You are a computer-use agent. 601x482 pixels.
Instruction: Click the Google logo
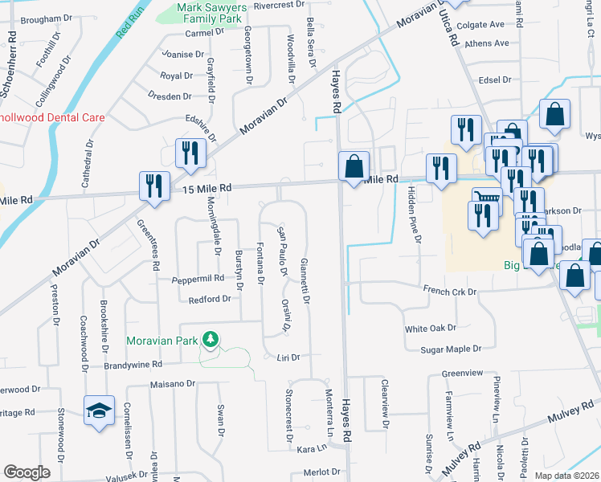[x=27, y=472]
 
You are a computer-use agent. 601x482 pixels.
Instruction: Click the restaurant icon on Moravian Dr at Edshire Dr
[x=190, y=153]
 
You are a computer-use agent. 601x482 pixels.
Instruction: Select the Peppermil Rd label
[x=198, y=279]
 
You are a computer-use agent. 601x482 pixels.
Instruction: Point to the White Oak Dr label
[x=430, y=329]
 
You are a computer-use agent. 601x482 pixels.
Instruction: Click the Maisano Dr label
[x=173, y=384]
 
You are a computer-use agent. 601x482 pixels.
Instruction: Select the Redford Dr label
[x=210, y=299]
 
